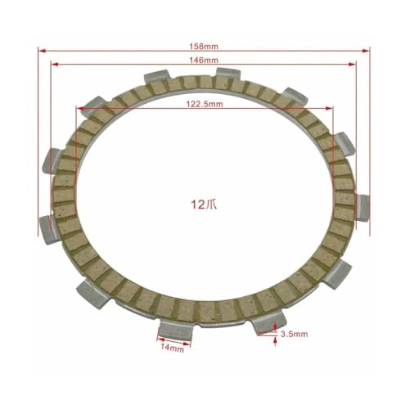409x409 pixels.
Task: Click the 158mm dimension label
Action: (204, 47)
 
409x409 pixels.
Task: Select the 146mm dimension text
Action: (204, 60)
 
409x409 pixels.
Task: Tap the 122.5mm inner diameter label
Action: (204, 104)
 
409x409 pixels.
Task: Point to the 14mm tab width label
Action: (172, 348)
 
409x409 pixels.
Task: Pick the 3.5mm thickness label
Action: (294, 334)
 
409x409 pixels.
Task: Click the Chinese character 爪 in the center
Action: (211, 204)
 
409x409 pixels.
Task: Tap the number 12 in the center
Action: (198, 204)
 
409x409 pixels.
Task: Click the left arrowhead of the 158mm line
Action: (42, 51)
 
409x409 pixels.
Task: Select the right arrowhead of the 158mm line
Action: (366, 51)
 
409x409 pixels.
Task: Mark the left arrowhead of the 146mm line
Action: (55, 64)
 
